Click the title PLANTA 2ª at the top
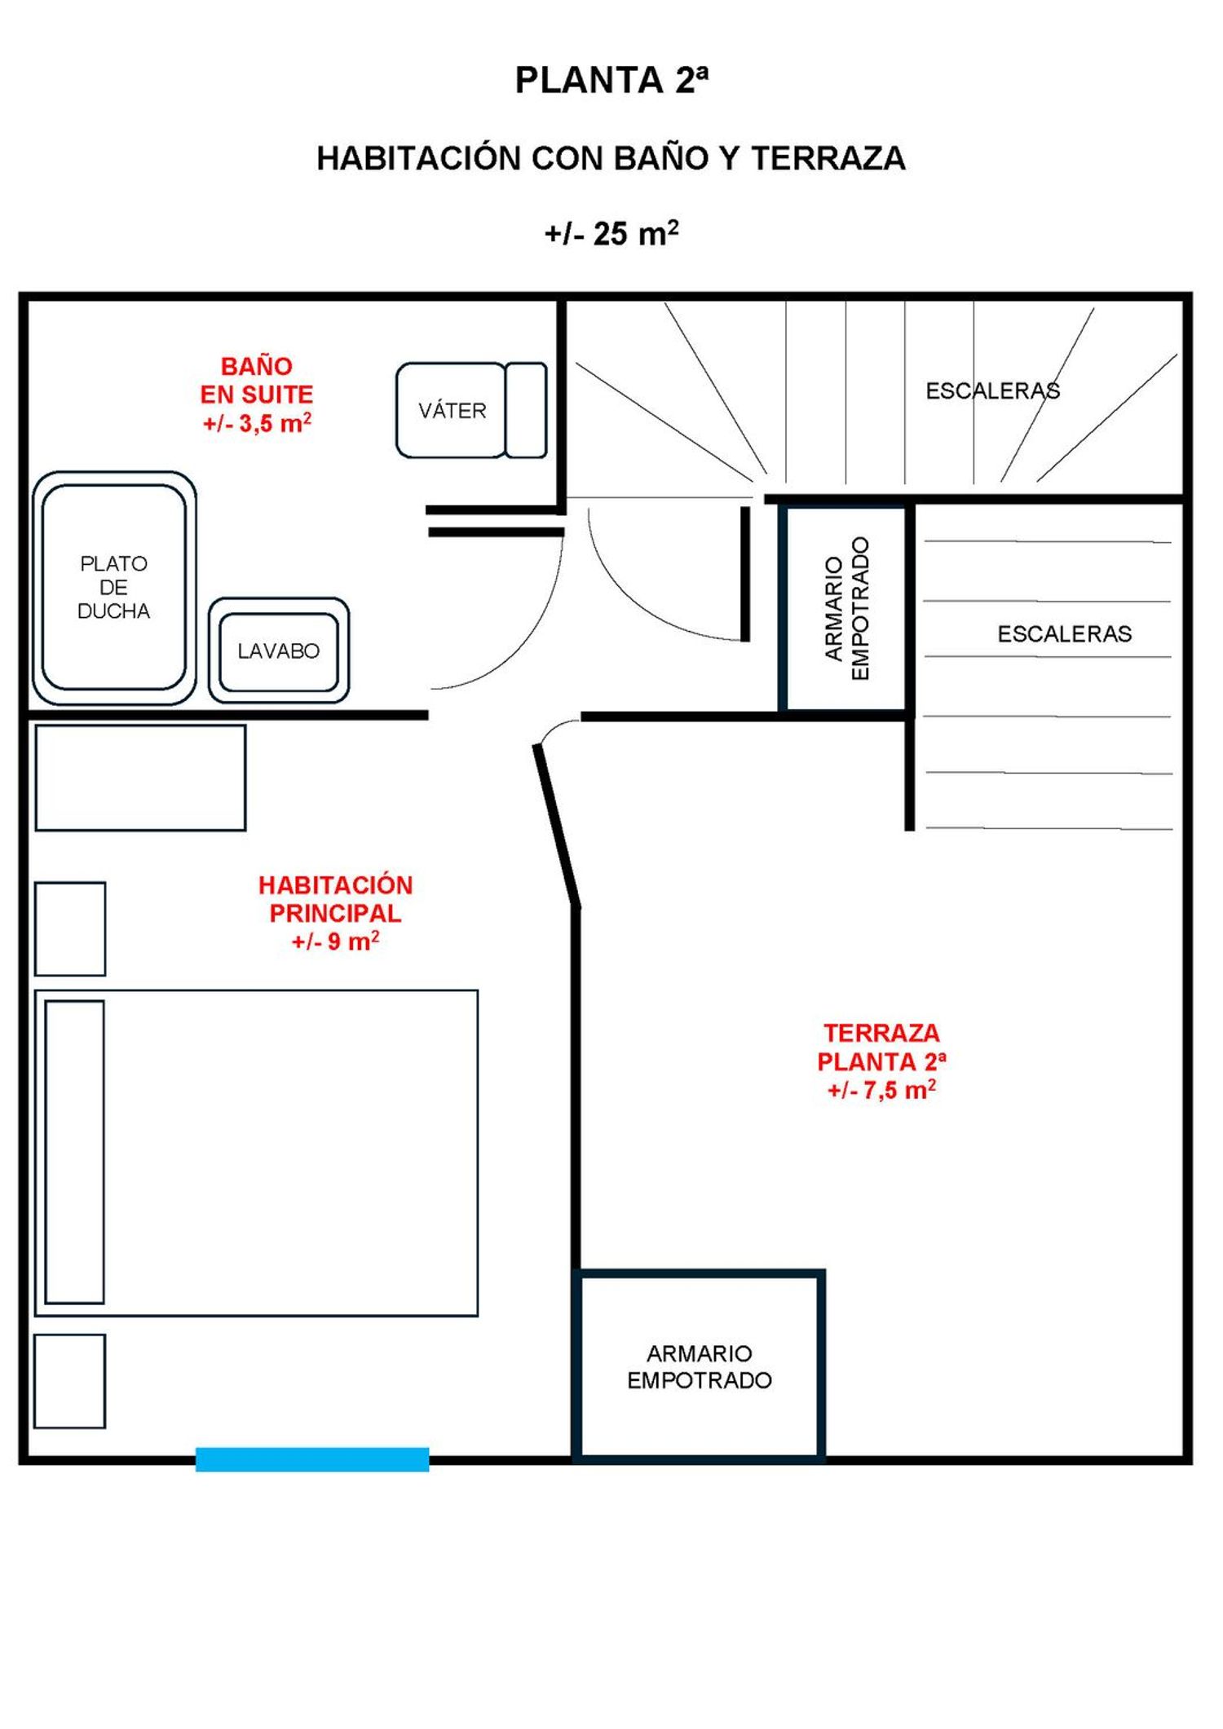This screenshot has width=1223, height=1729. pyautogui.click(x=611, y=80)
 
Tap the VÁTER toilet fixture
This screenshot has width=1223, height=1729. pyautogui.click(x=471, y=410)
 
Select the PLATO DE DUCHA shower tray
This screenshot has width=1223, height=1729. pyautogui.click(x=114, y=588)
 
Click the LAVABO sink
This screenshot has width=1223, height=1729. pyautogui.click(x=279, y=651)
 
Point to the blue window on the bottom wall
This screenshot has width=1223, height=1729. pyautogui.click(x=312, y=1459)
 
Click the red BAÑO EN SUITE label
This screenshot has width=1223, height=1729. pyautogui.click(x=257, y=395)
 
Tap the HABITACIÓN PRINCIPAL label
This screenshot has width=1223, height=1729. pyautogui.click(x=336, y=913)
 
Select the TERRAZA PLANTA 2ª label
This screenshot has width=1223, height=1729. pyautogui.click(x=881, y=1061)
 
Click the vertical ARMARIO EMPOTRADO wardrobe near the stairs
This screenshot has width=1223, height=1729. pyautogui.click(x=846, y=608)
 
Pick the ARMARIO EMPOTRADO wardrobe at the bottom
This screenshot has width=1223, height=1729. pyautogui.click(x=699, y=1366)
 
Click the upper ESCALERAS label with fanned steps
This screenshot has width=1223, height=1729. pyautogui.click(x=992, y=391)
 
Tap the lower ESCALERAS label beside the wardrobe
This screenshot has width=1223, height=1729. pyautogui.click(x=1064, y=634)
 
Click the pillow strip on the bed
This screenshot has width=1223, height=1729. pyautogui.click(x=75, y=1152)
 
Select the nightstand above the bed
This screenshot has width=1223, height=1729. pyautogui.click(x=70, y=928)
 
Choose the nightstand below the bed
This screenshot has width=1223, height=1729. pyautogui.click(x=70, y=1381)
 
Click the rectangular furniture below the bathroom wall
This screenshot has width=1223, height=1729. pyautogui.click(x=140, y=778)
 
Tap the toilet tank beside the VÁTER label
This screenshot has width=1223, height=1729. pyautogui.click(x=526, y=410)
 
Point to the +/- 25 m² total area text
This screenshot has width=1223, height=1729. pyautogui.click(x=611, y=234)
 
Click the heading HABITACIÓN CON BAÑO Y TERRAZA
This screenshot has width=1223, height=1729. pyautogui.click(x=611, y=158)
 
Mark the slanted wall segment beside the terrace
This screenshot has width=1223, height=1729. pyautogui.click(x=557, y=825)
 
